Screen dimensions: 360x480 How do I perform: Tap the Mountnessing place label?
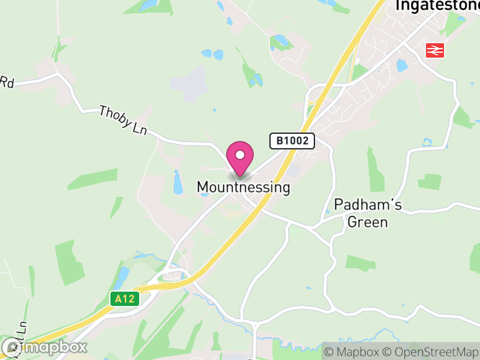coord(243,187)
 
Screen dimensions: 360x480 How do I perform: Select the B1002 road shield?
coord(292,141)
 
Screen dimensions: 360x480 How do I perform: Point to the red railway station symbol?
coord(434,51)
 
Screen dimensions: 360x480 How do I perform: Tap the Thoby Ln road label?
coord(122,120)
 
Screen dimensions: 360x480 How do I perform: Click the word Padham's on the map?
coord(368,204)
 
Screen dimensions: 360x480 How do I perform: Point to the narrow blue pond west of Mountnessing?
coord(177,182)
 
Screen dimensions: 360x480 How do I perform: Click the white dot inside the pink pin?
coord(240,155)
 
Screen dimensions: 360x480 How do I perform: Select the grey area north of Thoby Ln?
coord(191,84)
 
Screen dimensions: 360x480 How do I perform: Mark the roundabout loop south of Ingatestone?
coord(316,96)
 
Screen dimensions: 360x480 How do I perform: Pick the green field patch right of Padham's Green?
coord(430,181)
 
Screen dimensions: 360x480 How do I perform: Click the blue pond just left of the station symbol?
coord(401,65)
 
